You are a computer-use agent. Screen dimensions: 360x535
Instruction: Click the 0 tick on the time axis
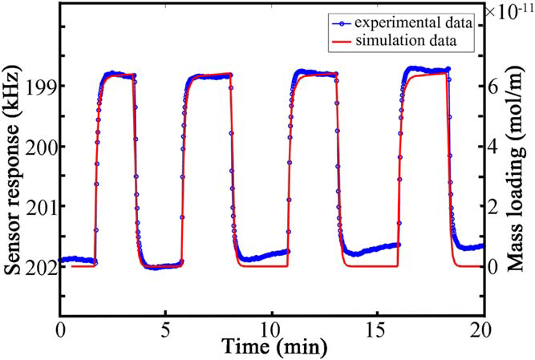tap(61, 329)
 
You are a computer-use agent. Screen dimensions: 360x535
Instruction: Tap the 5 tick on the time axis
tap(166, 329)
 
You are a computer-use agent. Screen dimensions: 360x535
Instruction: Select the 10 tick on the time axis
tap(271, 329)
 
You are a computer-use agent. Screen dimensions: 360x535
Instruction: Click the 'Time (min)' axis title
tap(271, 347)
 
